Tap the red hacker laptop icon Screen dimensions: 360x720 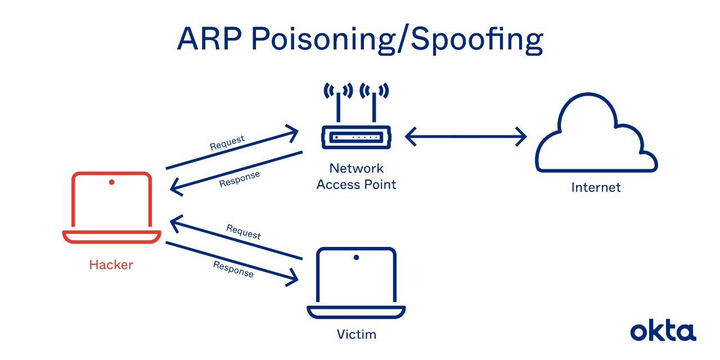[x=111, y=208]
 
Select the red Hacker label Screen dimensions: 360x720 [x=111, y=264]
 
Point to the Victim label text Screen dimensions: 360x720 [x=356, y=335]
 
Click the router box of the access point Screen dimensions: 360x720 [x=356, y=137]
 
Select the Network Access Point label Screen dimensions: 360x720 [x=356, y=176]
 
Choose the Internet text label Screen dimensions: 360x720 [x=596, y=187]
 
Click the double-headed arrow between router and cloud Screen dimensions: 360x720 [x=466, y=136]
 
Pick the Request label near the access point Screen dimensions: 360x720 [x=227, y=142]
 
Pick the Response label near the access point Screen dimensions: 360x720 [x=240, y=179]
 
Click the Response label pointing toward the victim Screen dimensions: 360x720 [x=233, y=269]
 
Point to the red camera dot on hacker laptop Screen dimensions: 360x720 [x=112, y=182]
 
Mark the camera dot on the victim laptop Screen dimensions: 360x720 [x=356, y=258]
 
